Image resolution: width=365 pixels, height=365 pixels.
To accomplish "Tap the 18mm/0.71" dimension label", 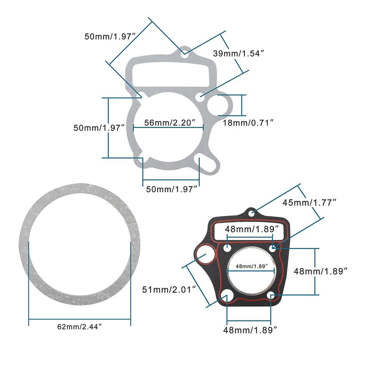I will point(248,123).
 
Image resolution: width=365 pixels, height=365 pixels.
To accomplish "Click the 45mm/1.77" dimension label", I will point(312,202).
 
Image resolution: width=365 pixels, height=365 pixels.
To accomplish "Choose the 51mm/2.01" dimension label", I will point(170,290).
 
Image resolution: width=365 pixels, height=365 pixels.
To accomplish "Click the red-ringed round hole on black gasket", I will point(205,254).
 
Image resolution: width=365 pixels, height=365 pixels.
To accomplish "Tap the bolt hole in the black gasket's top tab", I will point(252,213).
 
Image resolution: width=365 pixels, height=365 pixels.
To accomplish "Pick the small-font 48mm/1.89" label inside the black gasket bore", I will point(250,266).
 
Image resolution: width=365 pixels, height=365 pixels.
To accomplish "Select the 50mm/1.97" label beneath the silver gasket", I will point(171,189).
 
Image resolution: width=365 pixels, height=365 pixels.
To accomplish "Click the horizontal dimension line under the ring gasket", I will point(79,319).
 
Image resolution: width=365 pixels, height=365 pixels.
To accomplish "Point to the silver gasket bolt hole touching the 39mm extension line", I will point(199,98).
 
